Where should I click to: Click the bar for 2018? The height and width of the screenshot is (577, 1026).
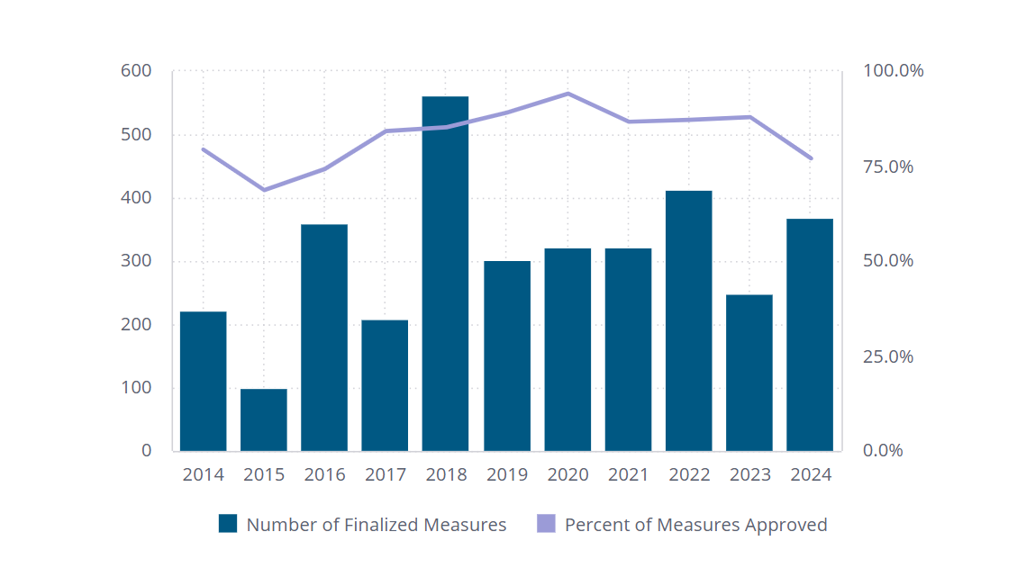pyautogui.click(x=445, y=274)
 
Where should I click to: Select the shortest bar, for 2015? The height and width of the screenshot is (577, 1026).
pyautogui.click(x=264, y=419)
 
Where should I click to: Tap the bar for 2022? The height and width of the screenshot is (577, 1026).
pyautogui.click(x=688, y=320)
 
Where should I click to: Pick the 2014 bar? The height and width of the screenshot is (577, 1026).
pyautogui.click(x=204, y=381)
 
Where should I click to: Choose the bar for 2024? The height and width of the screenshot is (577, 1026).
pyautogui.click(x=809, y=335)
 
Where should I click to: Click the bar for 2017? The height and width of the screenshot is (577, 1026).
pyautogui.click(x=385, y=385)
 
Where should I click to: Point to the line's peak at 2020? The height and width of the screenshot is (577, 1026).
pyautogui.click(x=567, y=94)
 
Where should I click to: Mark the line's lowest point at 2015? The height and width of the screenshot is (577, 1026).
pyautogui.click(x=264, y=190)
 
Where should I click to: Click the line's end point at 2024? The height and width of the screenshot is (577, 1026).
pyautogui.click(x=811, y=158)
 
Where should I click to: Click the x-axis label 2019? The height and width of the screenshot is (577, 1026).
pyautogui.click(x=507, y=474)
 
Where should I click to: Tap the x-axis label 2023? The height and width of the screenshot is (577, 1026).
pyautogui.click(x=749, y=474)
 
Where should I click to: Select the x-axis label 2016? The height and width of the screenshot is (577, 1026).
pyautogui.click(x=324, y=474)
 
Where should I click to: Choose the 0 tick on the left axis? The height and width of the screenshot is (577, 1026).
pyautogui.click(x=146, y=451)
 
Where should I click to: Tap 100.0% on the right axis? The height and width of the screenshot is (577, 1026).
pyautogui.click(x=893, y=71)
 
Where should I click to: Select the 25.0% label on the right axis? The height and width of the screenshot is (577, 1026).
pyautogui.click(x=888, y=356)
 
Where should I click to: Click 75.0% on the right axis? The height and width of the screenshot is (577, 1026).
pyautogui.click(x=888, y=167)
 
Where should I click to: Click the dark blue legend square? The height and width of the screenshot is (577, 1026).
pyautogui.click(x=228, y=524)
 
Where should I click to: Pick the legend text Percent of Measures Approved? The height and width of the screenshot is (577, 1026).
pyautogui.click(x=695, y=525)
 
